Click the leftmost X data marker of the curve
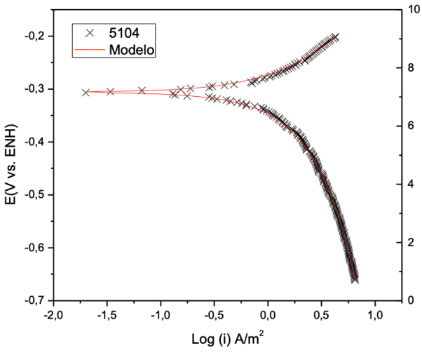pos(86,93)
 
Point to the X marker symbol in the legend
pos(89,32)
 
